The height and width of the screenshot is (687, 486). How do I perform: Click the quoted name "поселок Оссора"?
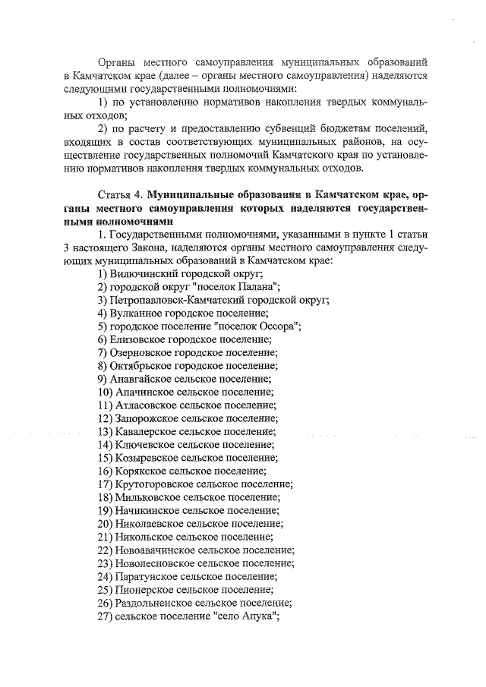(260, 326)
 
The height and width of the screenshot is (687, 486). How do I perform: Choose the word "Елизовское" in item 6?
(139, 339)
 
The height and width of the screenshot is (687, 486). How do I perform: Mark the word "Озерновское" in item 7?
(142, 352)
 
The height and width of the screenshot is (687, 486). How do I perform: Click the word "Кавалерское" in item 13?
(147, 432)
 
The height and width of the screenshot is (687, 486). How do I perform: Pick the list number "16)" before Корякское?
(106, 471)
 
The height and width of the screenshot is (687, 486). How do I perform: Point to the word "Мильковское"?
(148, 497)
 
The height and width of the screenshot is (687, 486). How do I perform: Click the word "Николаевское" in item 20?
(150, 524)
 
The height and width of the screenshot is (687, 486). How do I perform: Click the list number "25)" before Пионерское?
(106, 590)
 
